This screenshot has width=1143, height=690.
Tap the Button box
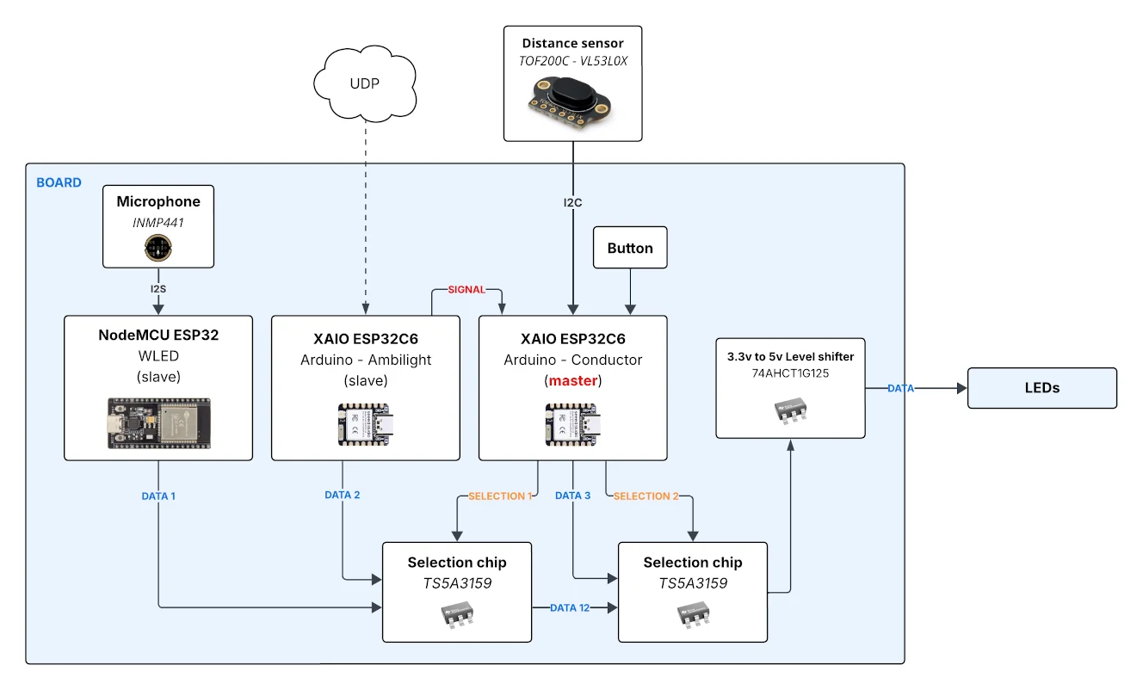[630, 249]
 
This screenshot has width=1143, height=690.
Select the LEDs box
[1041, 388]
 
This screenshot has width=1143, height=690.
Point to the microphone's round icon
[158, 249]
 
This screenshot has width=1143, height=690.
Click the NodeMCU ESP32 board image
[158, 421]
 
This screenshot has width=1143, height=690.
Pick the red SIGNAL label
[466, 290]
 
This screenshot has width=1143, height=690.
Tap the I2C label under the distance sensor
[573, 203]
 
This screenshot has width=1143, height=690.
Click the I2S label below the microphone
[158, 288]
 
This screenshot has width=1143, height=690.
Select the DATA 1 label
[158, 496]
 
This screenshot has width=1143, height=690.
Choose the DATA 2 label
[343, 496]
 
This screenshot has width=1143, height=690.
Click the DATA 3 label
[572, 496]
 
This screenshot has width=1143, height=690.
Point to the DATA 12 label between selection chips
[570, 607]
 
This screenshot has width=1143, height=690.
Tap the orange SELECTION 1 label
[500, 496]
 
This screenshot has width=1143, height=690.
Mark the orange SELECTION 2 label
[646, 496]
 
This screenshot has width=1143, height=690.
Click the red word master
[573, 380]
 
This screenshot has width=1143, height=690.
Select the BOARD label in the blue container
[59, 183]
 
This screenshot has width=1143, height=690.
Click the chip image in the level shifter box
[790, 410]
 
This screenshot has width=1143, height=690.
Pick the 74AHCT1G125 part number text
[789, 374]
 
